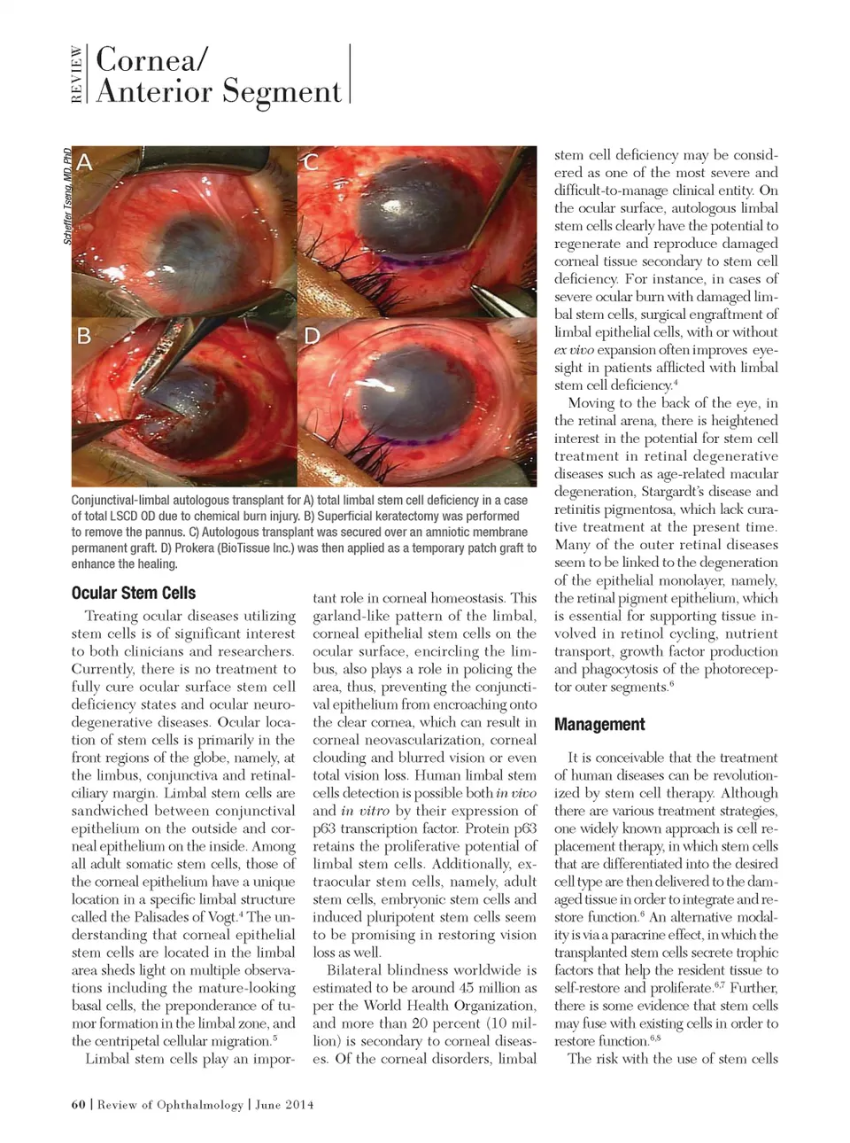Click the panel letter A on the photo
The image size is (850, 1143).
pos(84,162)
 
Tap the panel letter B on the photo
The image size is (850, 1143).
pos(84,336)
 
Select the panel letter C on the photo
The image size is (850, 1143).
pos(311,162)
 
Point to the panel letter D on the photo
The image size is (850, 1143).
pos(312,336)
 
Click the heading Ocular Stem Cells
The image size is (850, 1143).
pos(133,593)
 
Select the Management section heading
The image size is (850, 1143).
pos(599,724)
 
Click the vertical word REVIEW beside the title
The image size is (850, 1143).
pos(77,74)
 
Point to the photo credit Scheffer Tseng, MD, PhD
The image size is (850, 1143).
pos(67,197)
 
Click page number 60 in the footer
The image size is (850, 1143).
pos(77,1104)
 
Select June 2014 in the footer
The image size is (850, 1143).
pos(286,1104)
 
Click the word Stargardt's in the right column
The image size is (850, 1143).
pos(682,492)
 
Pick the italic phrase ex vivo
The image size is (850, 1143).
pos(575,350)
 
